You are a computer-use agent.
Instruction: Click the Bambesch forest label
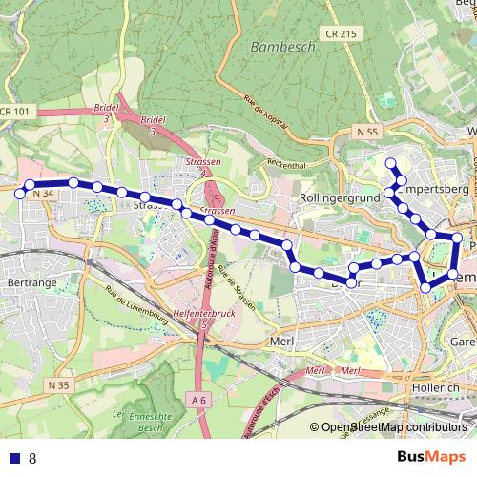[278, 46]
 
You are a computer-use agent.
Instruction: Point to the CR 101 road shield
[14, 112]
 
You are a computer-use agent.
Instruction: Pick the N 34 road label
[43, 194]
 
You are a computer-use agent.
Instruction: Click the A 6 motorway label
[198, 401]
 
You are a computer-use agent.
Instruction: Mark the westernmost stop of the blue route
[30, 185]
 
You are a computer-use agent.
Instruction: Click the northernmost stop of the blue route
[390, 163]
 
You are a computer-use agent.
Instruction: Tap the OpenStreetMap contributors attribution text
[394, 428]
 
